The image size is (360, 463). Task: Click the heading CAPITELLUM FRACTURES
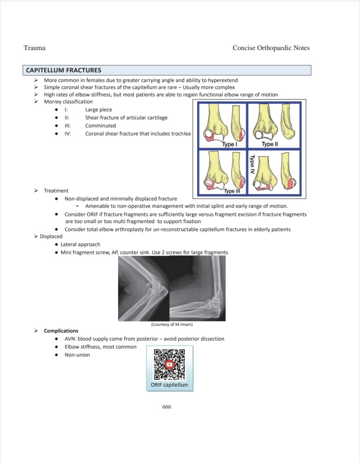point(63,70)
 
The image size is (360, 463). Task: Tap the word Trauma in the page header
point(34,48)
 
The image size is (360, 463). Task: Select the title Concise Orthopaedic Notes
point(271,48)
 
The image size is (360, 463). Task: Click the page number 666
point(166,406)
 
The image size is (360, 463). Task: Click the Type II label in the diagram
point(270,144)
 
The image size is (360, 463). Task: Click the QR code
point(170,364)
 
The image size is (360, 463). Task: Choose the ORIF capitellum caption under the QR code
point(170,385)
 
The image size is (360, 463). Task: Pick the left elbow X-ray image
point(143,289)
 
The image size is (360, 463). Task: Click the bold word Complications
point(61,331)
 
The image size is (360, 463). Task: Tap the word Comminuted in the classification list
point(100,126)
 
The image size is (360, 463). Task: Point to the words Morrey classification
point(68,102)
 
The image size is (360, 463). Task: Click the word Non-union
point(77,355)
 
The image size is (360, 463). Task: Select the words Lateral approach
point(81,244)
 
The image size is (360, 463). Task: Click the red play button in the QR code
point(170,364)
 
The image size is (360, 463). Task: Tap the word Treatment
point(56,191)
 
